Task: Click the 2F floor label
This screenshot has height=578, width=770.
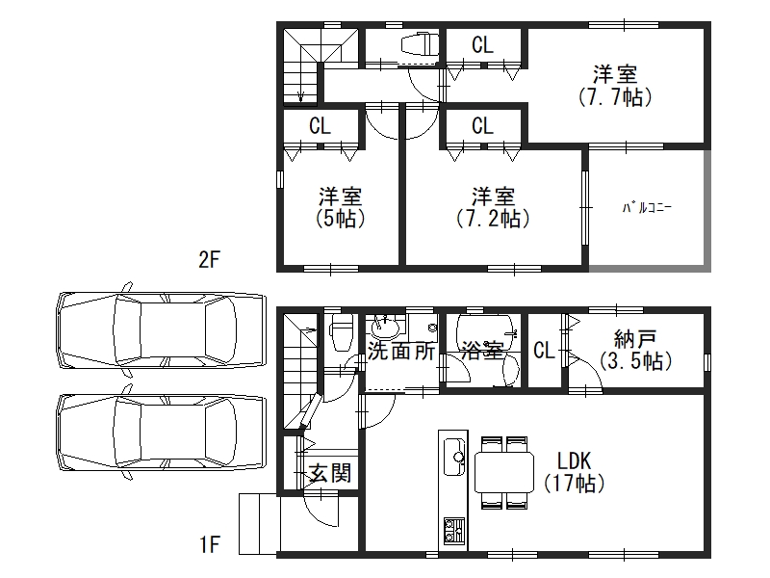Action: point(209,259)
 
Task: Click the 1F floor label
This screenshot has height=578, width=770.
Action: point(209,544)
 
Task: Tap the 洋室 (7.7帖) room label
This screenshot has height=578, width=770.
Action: point(615,86)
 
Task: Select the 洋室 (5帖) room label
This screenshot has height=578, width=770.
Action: point(341,207)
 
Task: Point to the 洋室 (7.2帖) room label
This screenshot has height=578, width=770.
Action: point(493,207)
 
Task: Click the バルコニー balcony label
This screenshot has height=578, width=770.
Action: point(647,208)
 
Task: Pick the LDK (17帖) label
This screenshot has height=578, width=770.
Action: point(574,472)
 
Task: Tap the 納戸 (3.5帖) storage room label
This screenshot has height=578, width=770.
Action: point(635,350)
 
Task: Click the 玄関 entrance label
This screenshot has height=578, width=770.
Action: point(330,473)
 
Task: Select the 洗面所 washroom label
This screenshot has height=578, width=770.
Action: point(401,351)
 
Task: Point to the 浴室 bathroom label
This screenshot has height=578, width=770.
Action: point(483,351)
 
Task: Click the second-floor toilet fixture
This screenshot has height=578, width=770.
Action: point(420,44)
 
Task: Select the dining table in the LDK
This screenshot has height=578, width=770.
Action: point(504,472)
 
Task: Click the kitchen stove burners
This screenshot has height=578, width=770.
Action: point(454,531)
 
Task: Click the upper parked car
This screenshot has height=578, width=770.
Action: point(162,330)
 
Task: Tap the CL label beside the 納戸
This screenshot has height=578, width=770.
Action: point(544,351)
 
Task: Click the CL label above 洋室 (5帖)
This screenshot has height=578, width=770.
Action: point(321,126)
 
